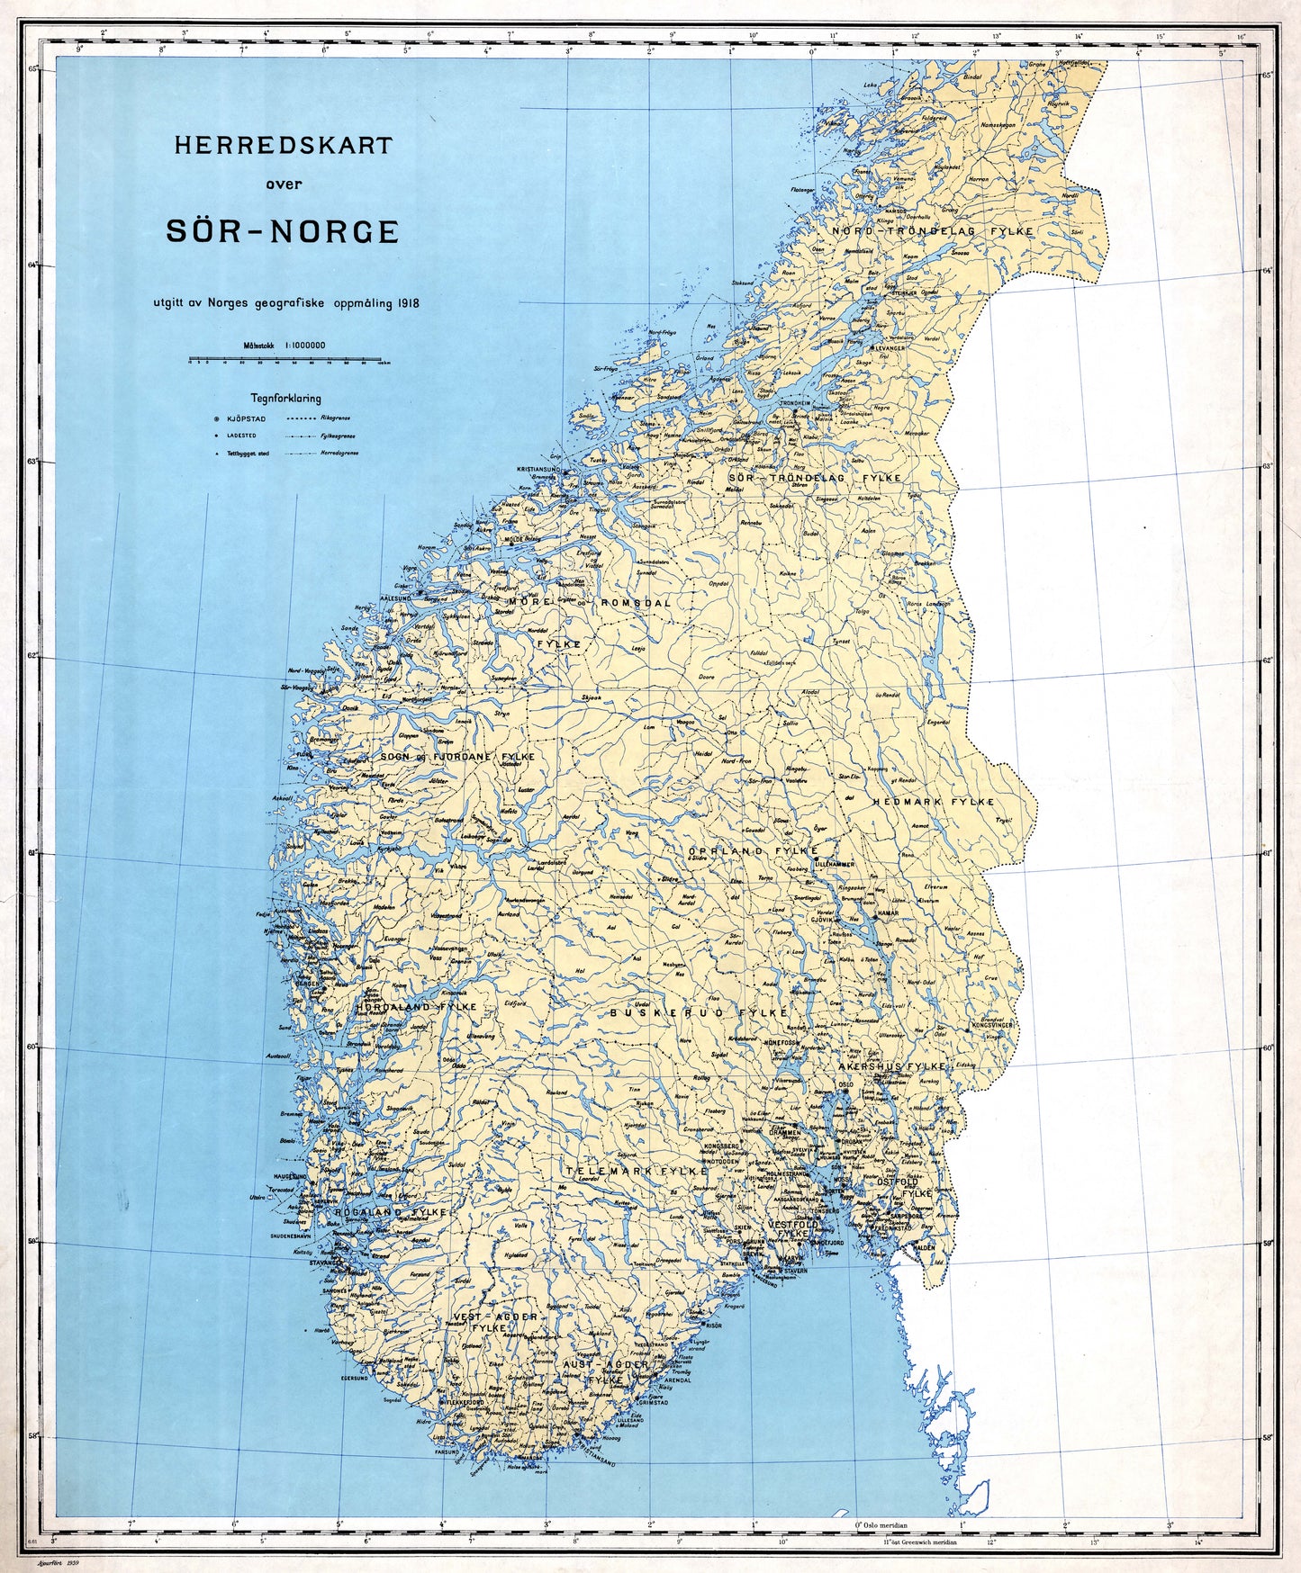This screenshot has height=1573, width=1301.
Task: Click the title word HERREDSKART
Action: tap(283, 145)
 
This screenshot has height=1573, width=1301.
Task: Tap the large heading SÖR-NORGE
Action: tap(283, 231)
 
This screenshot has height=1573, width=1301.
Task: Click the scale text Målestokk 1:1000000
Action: tap(285, 345)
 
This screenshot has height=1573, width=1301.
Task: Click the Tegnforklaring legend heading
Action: tap(285, 398)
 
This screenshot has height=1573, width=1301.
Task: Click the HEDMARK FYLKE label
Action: tap(933, 801)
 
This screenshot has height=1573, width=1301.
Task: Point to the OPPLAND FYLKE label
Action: tap(753, 850)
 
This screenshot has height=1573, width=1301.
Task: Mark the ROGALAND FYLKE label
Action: tap(391, 1212)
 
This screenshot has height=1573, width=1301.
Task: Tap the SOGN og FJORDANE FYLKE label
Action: tap(457, 757)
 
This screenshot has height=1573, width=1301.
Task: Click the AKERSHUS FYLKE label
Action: tap(891, 1066)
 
